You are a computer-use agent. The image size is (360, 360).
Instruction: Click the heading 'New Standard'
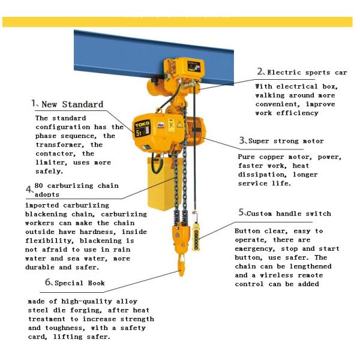[x=71, y=104]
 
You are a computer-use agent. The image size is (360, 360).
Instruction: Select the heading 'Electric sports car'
[x=307, y=73]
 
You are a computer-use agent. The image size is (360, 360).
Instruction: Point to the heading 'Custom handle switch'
[x=289, y=213]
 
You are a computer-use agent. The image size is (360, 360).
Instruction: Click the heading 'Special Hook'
[x=79, y=283]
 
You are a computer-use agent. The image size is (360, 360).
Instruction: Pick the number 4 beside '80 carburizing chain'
[x=28, y=190]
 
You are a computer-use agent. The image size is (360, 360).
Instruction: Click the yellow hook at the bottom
[x=181, y=264]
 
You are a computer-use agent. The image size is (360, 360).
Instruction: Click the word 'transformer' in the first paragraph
[x=61, y=145]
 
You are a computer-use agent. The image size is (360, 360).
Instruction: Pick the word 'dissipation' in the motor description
[x=262, y=175]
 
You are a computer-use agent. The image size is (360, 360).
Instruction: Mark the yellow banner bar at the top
[x=180, y=21]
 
